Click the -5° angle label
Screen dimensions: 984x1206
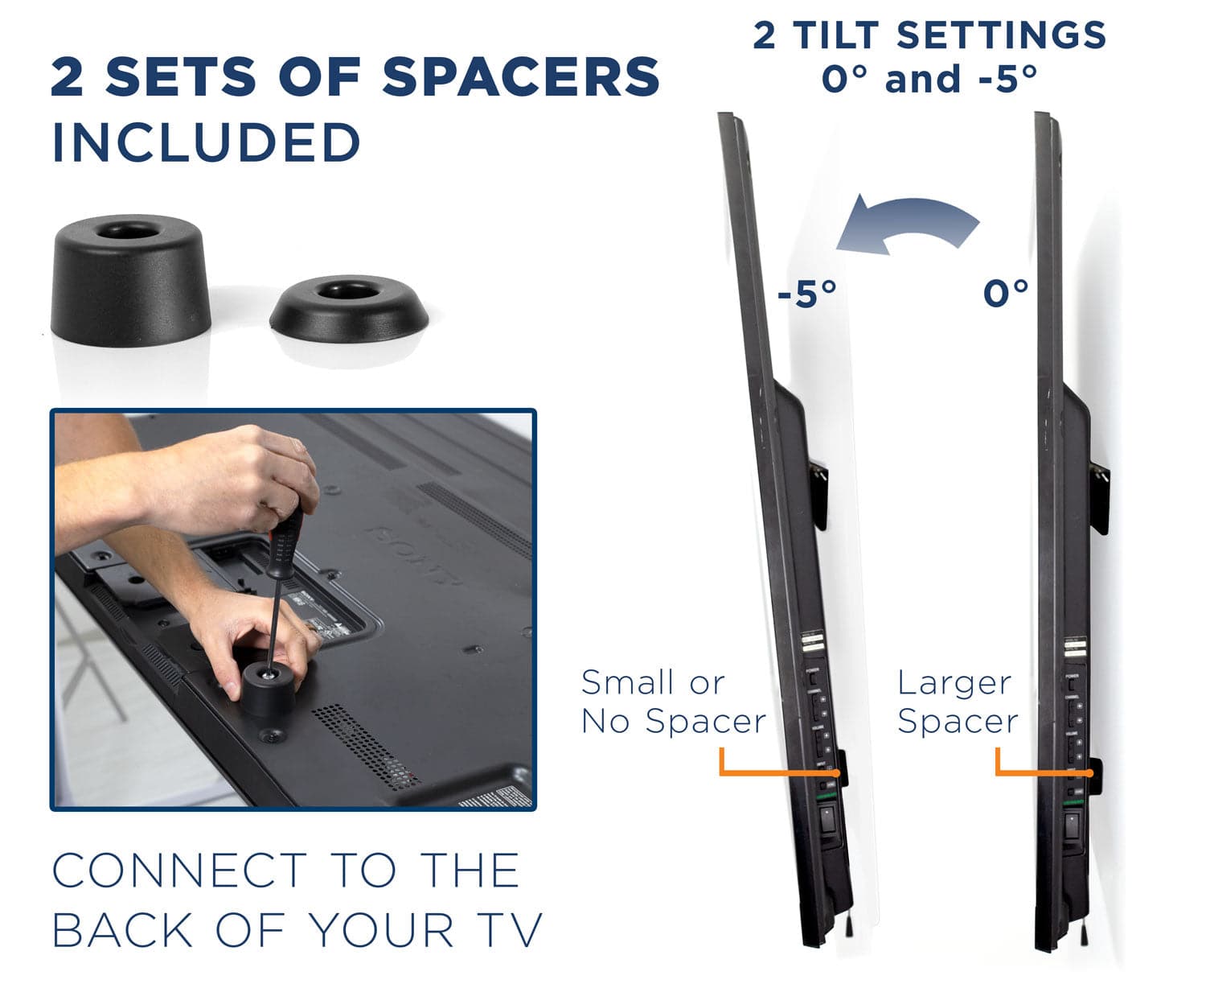pyautogui.click(x=806, y=294)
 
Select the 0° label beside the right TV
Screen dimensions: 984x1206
pyautogui.click(x=1005, y=293)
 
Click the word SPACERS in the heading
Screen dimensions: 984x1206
pyautogui.click(x=520, y=77)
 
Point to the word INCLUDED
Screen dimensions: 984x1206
pyautogui.click(x=206, y=142)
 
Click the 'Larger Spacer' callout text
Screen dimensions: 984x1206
pyautogui.click(x=957, y=702)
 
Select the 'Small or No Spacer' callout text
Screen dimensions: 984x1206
pyautogui.click(x=672, y=702)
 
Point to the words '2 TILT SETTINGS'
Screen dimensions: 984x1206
pyautogui.click(x=929, y=35)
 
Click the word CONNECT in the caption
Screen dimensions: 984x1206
pyautogui.click(x=179, y=871)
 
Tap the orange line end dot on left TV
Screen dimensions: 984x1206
pyautogui.click(x=837, y=773)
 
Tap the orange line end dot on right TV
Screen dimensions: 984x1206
pyautogui.click(x=1089, y=773)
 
